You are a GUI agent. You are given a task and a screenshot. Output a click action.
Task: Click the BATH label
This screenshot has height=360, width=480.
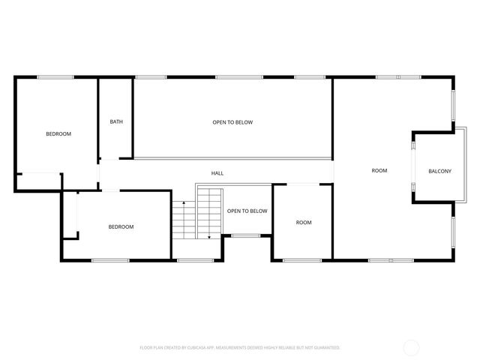116,121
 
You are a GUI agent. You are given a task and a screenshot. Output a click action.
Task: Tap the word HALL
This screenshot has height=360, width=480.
217,173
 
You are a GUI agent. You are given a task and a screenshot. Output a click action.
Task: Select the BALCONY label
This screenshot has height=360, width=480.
440,172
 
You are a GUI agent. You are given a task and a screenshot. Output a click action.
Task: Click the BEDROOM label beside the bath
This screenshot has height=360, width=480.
58,133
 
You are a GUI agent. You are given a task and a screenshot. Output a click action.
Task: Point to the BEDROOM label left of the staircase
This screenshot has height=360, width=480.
121,226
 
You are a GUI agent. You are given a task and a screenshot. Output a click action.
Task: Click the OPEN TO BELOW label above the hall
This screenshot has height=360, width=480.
232,121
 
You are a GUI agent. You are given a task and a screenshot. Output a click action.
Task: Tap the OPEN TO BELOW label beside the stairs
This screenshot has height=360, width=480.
247,211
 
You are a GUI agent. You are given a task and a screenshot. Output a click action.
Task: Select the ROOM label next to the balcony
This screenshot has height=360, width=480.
379,171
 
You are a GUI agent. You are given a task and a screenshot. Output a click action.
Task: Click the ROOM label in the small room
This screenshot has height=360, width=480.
304,222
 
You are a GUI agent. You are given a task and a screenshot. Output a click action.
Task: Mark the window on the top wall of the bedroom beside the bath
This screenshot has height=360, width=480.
55,76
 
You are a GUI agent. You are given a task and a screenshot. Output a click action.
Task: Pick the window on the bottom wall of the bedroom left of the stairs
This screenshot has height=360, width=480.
109,260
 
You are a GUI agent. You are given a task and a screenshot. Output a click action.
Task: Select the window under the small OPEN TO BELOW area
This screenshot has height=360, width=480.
246,236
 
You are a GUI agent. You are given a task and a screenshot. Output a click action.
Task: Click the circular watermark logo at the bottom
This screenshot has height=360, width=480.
412,347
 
